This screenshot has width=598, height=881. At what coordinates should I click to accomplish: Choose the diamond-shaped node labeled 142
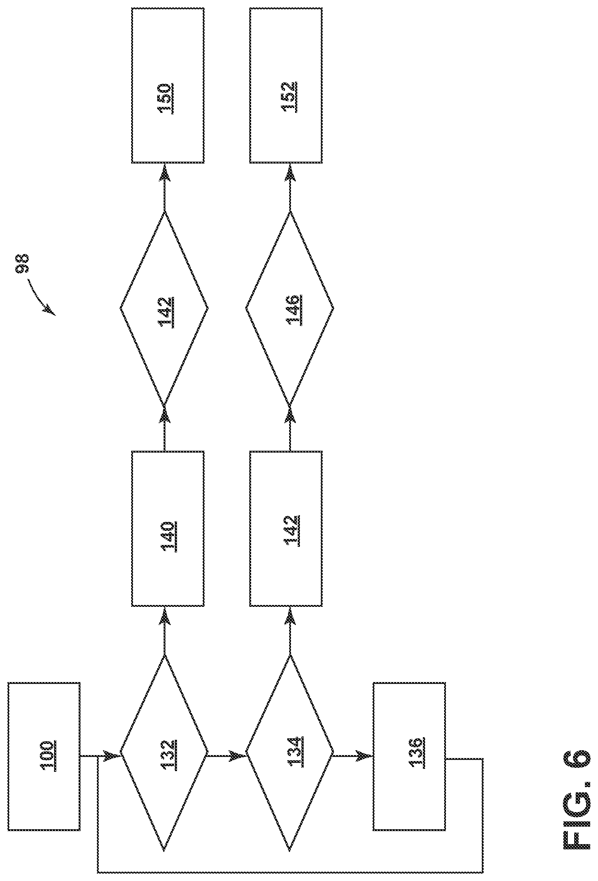(x=164, y=307)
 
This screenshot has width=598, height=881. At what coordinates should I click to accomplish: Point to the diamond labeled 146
(x=290, y=307)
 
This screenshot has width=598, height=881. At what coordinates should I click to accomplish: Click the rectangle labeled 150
(x=168, y=85)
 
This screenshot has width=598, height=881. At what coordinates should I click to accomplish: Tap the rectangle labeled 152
(x=286, y=85)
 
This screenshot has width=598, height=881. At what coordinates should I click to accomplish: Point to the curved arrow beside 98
(x=40, y=298)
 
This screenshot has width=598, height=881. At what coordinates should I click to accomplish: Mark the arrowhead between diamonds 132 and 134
(x=238, y=756)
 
